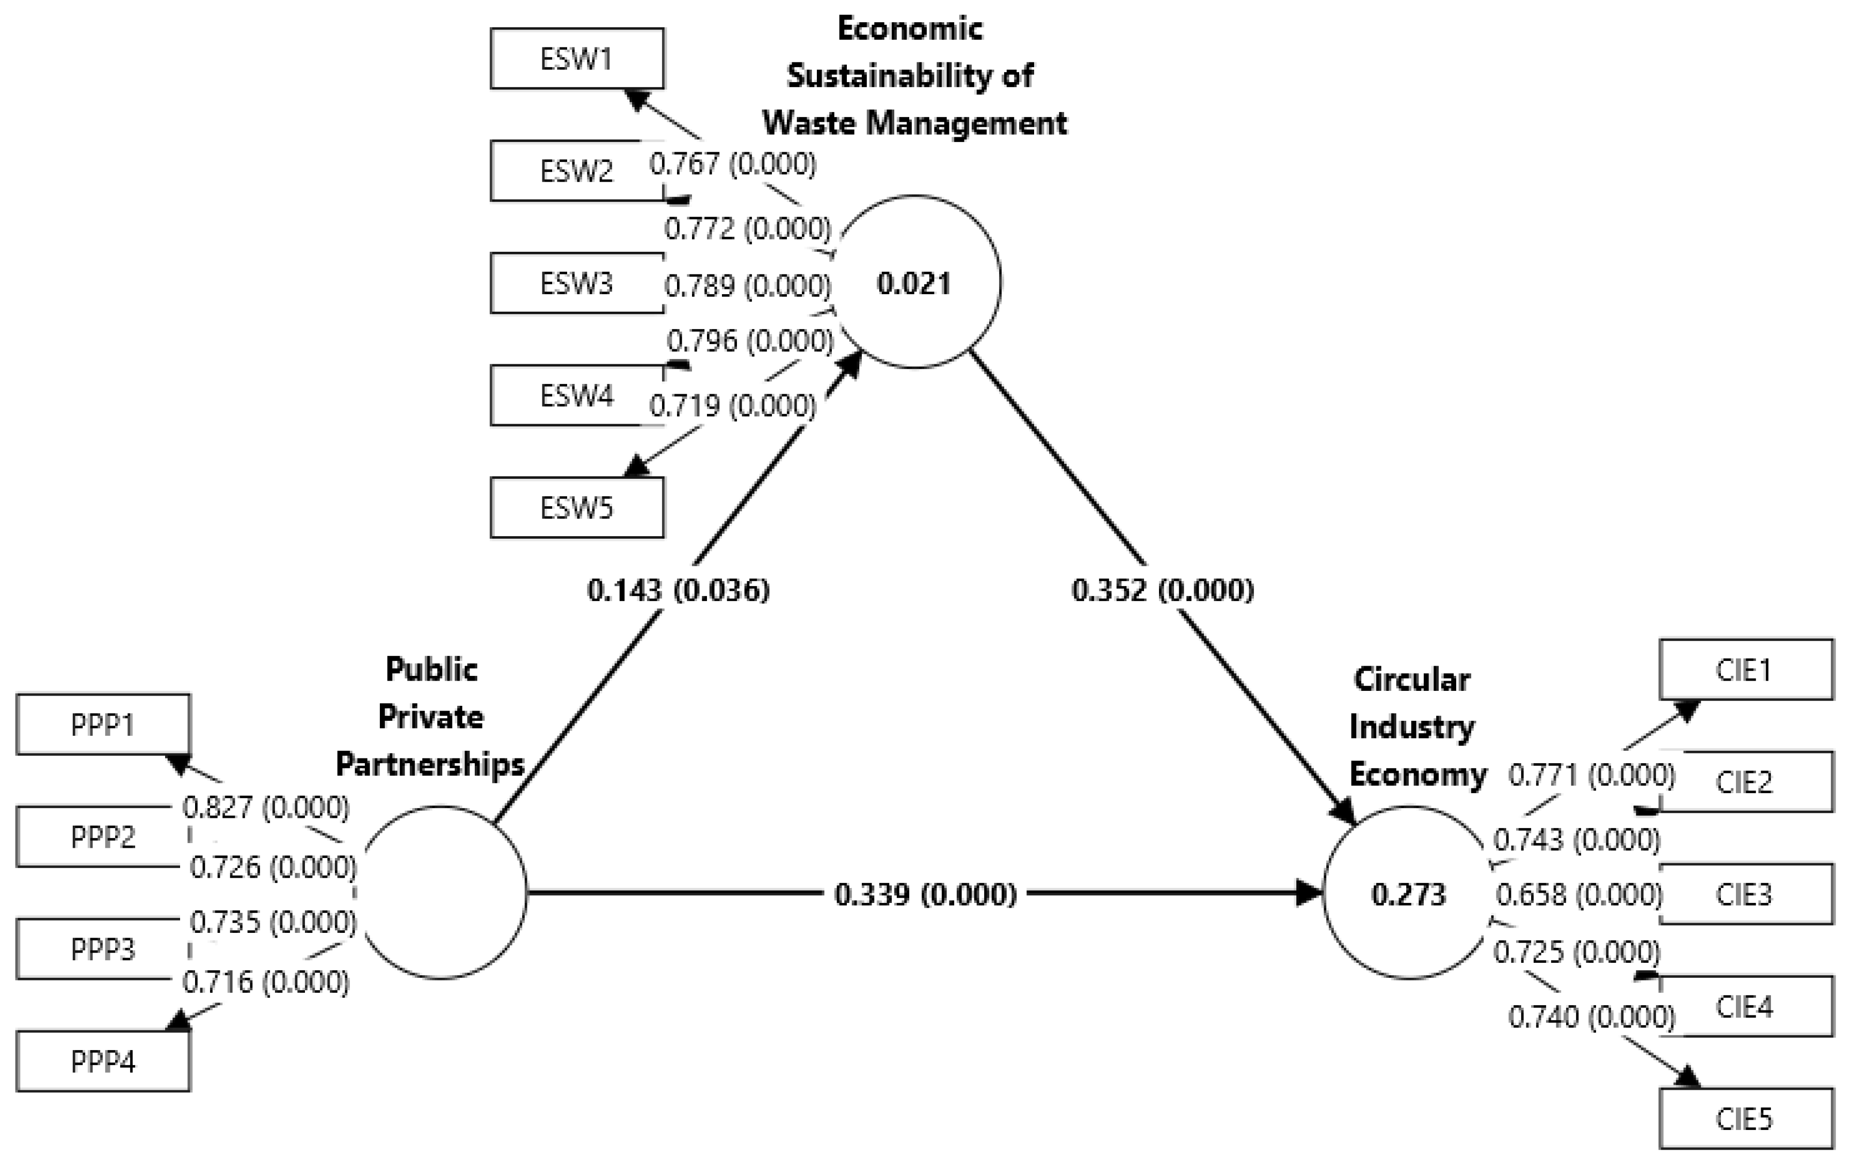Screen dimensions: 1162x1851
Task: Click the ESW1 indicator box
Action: [x=576, y=58]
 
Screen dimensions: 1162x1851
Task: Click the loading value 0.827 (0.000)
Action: [x=266, y=807]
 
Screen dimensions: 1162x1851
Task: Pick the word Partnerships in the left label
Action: [x=430, y=764]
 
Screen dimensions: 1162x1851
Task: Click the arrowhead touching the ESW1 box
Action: [x=638, y=99]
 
